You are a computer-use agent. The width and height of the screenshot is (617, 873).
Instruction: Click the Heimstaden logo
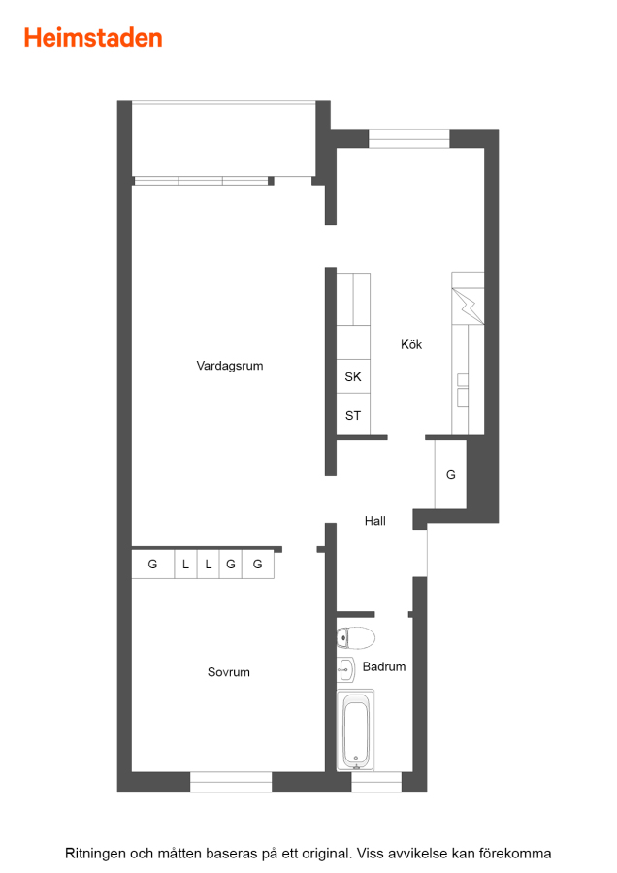[x=93, y=38]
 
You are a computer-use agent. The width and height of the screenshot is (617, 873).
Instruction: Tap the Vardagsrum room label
[x=229, y=366]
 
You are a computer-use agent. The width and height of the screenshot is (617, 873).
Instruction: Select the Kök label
[x=411, y=344]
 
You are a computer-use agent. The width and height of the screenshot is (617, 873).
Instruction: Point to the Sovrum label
[x=228, y=672]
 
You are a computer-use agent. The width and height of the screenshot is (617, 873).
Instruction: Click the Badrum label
[x=383, y=666]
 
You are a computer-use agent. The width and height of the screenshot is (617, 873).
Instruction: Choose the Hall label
[x=374, y=521]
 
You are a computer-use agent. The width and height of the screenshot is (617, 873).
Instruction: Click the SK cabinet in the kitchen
[x=353, y=376]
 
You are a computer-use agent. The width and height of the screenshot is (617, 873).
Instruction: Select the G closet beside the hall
[x=450, y=474]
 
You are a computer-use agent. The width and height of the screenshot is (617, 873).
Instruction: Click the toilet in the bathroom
[x=356, y=638]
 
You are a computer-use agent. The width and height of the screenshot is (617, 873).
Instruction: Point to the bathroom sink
[x=345, y=669]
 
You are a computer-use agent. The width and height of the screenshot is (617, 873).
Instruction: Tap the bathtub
[x=355, y=730]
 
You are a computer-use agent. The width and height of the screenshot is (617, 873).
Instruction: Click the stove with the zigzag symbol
[x=468, y=306]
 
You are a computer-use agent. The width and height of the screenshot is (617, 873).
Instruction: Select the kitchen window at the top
[x=408, y=139]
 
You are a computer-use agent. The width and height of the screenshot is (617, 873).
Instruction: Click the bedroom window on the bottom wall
[x=231, y=782]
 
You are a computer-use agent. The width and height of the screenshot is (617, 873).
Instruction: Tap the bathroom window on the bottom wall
[x=375, y=782]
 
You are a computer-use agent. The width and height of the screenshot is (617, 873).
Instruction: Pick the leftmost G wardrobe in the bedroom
[x=152, y=564]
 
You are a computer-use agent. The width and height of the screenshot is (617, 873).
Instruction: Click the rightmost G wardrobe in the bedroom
[x=258, y=564]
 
